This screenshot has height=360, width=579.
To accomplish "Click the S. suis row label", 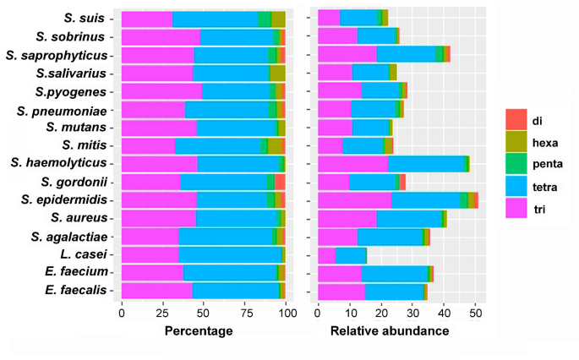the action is tap(84, 18).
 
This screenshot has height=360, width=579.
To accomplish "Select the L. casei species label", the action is tap(84, 254).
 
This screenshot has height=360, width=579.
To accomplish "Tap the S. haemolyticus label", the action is tap(58, 162).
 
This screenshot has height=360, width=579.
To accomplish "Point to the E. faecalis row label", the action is tap(76, 290).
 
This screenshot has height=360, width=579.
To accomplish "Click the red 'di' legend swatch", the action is tap(516, 120).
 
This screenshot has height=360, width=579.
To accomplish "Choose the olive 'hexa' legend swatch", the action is tap(516, 141).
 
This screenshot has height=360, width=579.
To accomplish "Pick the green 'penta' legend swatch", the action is tap(516, 163).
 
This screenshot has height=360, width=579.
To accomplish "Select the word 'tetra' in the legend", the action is tap(544, 188).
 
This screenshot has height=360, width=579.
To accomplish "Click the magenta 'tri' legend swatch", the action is tap(516, 207).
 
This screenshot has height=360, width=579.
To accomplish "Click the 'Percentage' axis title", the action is tap(199, 330).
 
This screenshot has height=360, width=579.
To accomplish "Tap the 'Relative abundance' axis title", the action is tap(390, 330).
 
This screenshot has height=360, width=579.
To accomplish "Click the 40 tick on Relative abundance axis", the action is tap(444, 314).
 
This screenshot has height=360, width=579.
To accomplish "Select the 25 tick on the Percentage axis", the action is tap(162, 314).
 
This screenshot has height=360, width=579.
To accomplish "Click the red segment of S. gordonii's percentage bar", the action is tap(280, 182).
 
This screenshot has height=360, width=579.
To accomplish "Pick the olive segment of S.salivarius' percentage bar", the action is tap(278, 74).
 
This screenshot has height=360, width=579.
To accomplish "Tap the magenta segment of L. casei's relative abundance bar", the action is tap(326, 255).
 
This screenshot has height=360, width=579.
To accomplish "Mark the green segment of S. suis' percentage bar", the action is tap(265, 19).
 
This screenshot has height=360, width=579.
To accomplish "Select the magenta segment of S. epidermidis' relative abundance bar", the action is tap(354, 200).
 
